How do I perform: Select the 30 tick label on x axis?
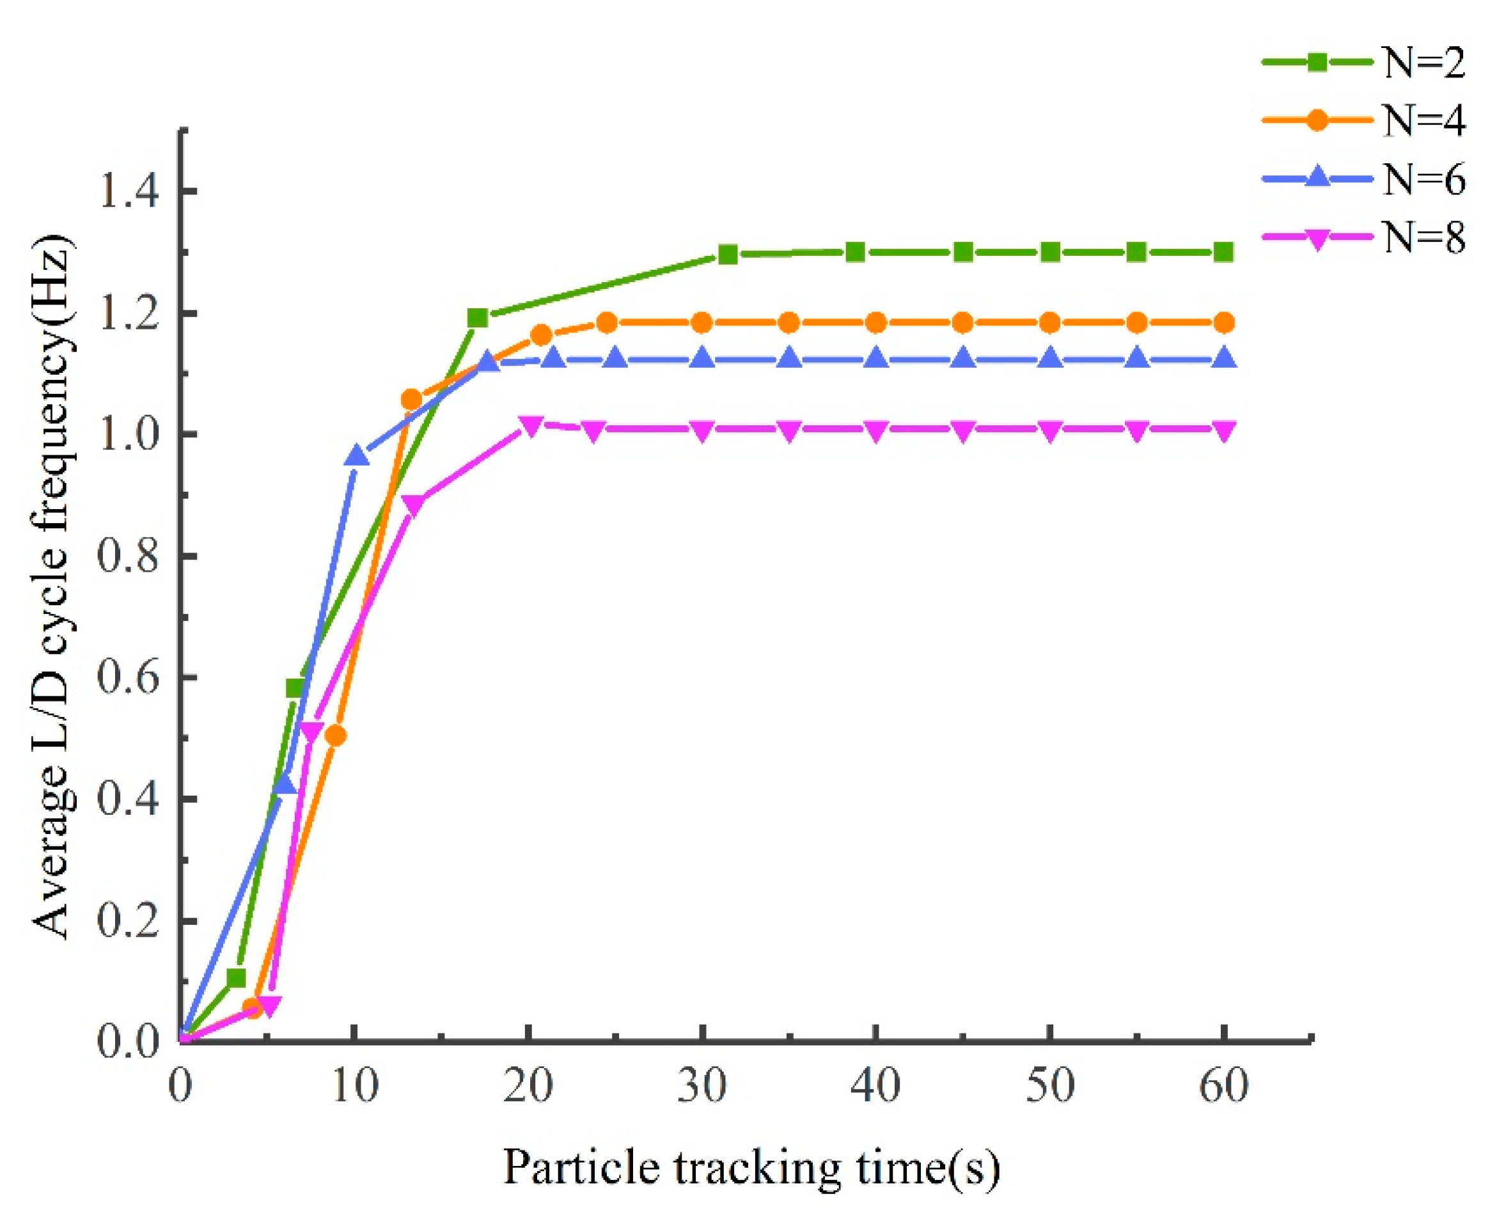click(702, 1085)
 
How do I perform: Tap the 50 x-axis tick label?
click(1050, 1085)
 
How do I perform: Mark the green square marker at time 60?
click(1224, 252)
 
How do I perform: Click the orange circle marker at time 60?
click(1224, 323)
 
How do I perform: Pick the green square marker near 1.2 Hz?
click(478, 318)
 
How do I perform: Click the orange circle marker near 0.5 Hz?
click(336, 736)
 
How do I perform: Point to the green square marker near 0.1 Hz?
click(236, 977)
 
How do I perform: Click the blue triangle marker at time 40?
click(875, 359)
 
